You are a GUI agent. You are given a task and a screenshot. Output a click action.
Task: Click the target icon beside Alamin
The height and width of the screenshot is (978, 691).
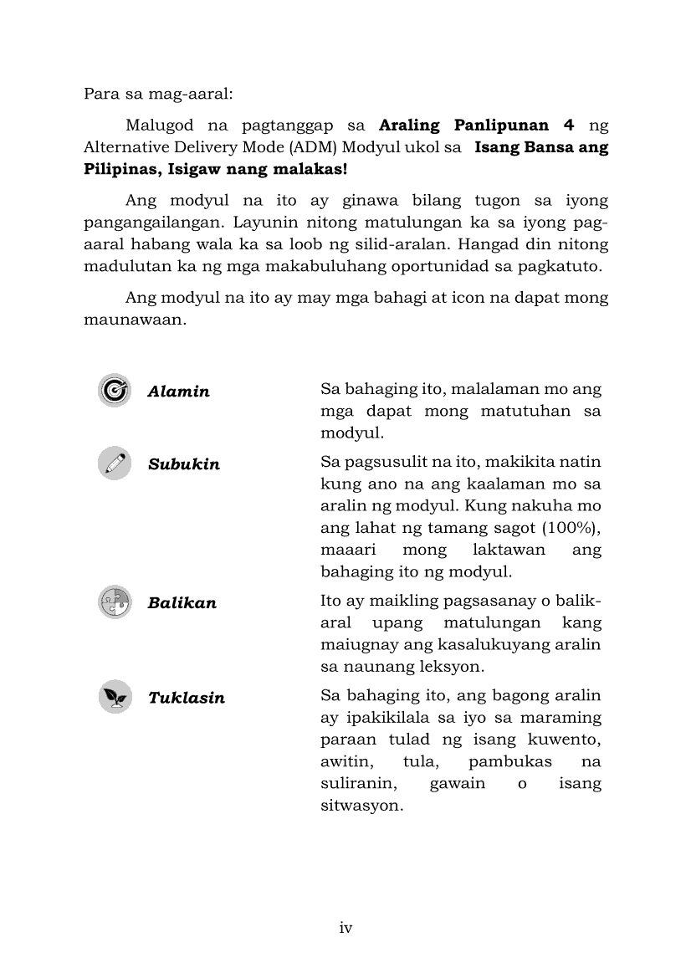(115, 391)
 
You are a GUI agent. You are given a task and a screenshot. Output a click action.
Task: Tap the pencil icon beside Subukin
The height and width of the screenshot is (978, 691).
(115, 463)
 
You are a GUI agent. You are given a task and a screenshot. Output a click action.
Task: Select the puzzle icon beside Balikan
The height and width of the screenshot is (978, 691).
(115, 602)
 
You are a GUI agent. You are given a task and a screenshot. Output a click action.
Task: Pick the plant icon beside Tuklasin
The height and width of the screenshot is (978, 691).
(115, 697)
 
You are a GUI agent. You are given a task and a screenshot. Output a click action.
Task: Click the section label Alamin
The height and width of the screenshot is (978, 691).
(178, 392)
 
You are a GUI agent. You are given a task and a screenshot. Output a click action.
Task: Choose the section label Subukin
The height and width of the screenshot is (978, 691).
(184, 464)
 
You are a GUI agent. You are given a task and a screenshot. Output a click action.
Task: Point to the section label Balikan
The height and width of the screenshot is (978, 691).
(182, 603)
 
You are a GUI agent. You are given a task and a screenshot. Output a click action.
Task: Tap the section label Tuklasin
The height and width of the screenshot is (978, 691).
(187, 698)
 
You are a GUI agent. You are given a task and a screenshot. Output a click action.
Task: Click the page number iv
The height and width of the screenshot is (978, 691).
(345, 928)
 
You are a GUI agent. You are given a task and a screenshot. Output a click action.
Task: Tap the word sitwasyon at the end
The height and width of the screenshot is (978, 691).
(362, 807)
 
